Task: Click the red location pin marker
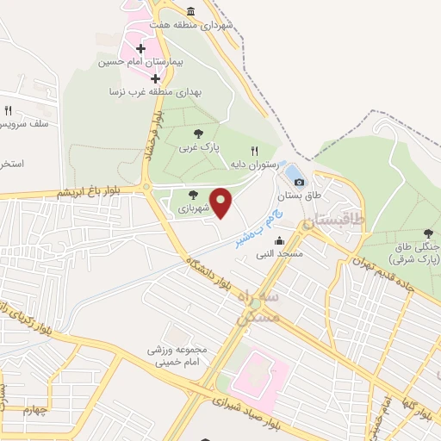[221, 202]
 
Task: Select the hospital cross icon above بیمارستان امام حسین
[141, 48]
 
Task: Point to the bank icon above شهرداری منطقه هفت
[190, 11]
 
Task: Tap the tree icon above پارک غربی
[199, 134]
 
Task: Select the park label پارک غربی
[195, 147]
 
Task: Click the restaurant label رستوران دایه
[252, 164]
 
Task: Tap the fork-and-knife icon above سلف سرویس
[8, 110]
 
